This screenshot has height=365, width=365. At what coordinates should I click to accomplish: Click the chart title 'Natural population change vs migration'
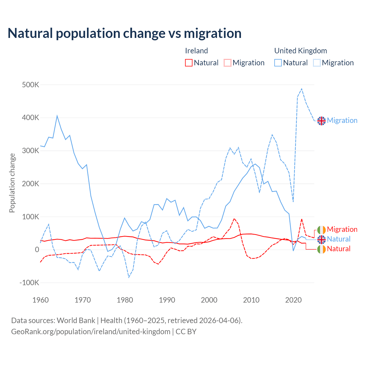(125, 33)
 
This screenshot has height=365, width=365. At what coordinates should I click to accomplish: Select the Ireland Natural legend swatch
(188, 63)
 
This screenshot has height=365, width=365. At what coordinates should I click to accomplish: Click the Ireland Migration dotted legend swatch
(228, 63)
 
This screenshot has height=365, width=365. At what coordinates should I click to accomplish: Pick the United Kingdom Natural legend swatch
(278, 63)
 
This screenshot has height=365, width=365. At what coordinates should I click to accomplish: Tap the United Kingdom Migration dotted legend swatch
(317, 63)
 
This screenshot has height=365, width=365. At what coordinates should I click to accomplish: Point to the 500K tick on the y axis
(31, 85)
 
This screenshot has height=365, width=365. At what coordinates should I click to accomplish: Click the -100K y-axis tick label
(29, 283)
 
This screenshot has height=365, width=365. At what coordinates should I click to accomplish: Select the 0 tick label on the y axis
(37, 250)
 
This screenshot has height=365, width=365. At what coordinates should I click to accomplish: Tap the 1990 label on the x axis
(167, 300)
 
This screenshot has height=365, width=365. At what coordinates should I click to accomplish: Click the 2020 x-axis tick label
(293, 300)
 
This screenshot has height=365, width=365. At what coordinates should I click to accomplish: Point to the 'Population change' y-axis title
(12, 183)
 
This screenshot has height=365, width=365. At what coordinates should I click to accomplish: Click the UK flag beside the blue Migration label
(321, 121)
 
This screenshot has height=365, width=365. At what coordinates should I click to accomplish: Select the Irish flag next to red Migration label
(321, 230)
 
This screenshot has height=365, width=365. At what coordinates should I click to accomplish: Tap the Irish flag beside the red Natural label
(321, 249)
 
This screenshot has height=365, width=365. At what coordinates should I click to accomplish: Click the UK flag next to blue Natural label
(321, 239)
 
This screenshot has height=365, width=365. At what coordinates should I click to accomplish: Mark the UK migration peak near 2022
(302, 89)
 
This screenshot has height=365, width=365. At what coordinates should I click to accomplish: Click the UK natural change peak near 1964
(57, 116)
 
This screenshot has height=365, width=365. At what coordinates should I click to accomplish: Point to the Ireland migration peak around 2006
(234, 219)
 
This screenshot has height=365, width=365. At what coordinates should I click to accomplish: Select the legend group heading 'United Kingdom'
(301, 51)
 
